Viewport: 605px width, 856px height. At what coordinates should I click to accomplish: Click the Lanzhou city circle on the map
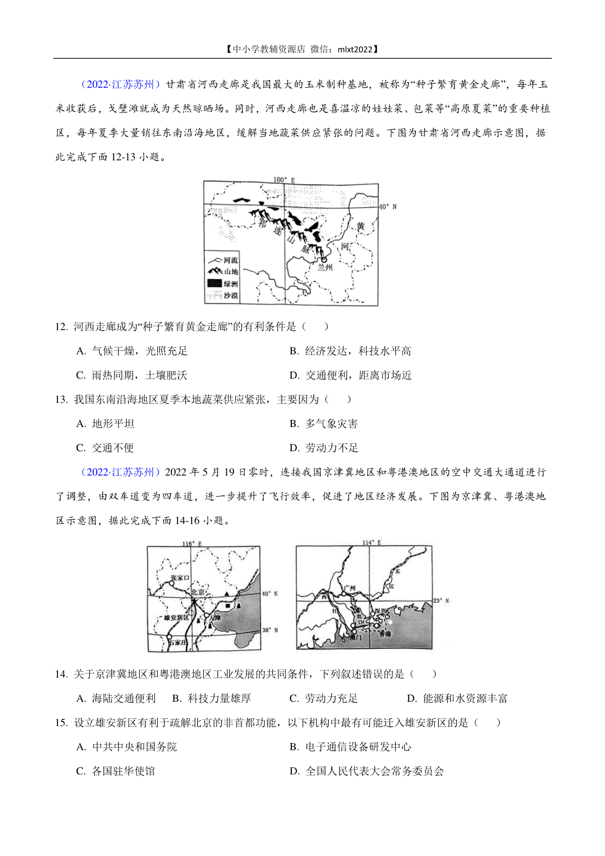coord(324,259)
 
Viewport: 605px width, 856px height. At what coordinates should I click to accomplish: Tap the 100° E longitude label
coord(284,179)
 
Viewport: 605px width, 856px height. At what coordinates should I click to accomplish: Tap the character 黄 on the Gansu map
coord(360,226)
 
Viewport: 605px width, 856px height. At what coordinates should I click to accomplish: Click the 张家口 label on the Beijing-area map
coord(180,578)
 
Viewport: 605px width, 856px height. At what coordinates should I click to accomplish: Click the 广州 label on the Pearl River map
coord(349,588)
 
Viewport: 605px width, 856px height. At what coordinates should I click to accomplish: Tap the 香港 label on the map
coord(385,633)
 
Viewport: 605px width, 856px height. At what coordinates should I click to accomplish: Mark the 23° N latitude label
coord(441,601)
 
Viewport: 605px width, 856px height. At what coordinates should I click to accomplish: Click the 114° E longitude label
coord(372,543)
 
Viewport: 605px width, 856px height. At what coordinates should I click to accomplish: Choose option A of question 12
coord(132,351)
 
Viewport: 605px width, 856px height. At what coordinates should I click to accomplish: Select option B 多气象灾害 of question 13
coord(324,423)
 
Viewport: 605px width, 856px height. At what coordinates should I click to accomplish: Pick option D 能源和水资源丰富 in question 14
coord(457,698)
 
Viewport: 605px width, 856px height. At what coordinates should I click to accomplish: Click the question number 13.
coord(61,399)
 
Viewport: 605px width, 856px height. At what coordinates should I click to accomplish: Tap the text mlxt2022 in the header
coord(355,49)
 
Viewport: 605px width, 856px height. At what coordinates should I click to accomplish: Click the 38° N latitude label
coord(270,630)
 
